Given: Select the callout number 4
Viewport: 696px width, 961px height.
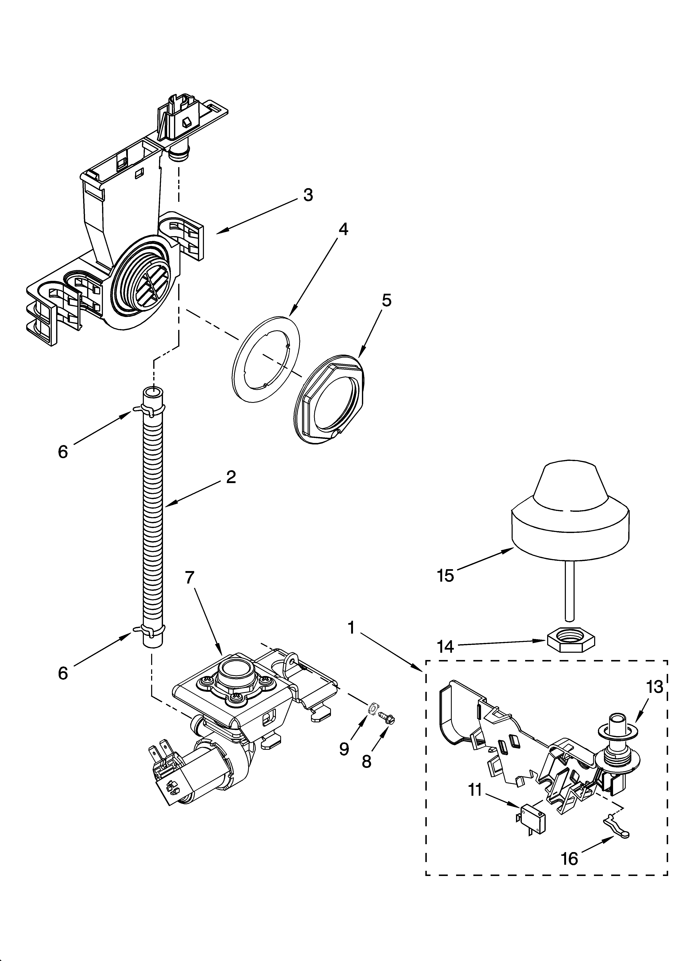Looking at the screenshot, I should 343,230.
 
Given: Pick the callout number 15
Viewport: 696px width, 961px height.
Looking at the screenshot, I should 445,576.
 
